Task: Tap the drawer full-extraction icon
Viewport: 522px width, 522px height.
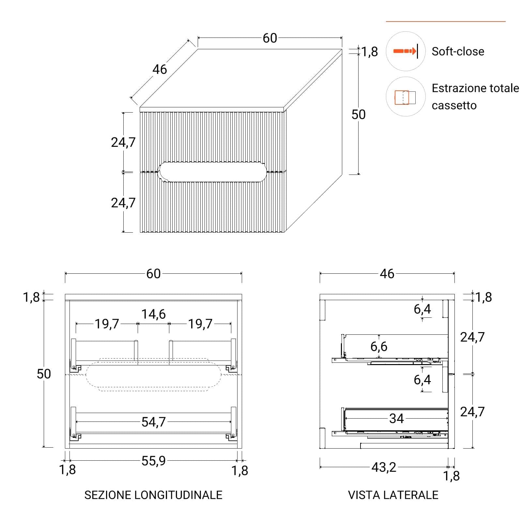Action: [x=405, y=97]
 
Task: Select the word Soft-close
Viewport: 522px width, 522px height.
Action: [x=458, y=51]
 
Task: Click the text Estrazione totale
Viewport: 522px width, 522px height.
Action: [x=475, y=88]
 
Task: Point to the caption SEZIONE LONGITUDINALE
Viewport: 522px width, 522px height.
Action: [x=153, y=495]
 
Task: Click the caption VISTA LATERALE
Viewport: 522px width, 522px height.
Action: [x=393, y=495]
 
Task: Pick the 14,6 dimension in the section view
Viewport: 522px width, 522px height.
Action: [x=153, y=314]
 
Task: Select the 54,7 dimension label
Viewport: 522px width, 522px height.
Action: [x=154, y=422]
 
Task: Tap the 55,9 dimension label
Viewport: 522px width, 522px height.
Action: [x=153, y=461]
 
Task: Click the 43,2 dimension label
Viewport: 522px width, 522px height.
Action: [x=384, y=467]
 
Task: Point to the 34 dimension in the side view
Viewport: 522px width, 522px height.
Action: [x=396, y=418]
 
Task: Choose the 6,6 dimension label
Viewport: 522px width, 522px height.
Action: [x=379, y=346]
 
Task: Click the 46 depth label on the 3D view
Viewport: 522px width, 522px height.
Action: [x=160, y=69]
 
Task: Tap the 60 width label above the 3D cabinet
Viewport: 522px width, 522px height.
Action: [x=270, y=38]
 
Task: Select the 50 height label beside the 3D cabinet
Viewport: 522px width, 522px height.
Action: [x=358, y=115]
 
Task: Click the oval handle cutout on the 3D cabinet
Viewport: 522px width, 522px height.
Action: [x=212, y=172]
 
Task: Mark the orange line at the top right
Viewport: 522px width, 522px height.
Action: [x=446, y=22]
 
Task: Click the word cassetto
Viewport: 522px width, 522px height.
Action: [x=454, y=105]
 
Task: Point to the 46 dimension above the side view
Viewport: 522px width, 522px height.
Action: [x=387, y=274]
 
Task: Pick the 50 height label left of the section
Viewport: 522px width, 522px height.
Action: [x=44, y=374]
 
